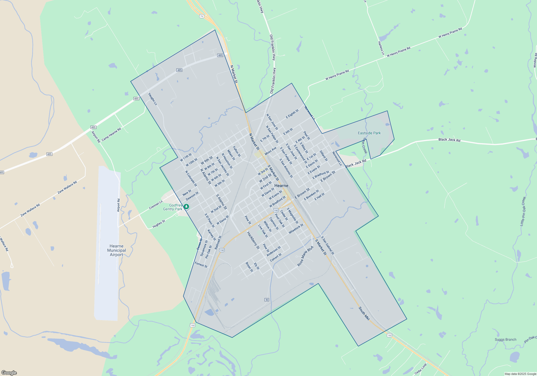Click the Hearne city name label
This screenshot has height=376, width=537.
281,186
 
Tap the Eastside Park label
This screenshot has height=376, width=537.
369,133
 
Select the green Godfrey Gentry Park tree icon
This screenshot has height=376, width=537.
186,207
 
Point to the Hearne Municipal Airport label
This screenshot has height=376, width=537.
117,250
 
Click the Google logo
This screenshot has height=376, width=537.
9,373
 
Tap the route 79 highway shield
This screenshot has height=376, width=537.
202,16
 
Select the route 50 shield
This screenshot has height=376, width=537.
267,300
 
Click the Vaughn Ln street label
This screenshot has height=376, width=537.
153,99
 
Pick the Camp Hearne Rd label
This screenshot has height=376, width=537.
111,134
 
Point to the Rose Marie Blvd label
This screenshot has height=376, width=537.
305,256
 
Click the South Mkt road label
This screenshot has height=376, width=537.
364,313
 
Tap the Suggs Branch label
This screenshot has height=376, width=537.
505,339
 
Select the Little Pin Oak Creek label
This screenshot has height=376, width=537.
523,211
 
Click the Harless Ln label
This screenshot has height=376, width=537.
381,48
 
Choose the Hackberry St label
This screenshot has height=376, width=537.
253,240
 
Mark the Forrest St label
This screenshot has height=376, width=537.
201,265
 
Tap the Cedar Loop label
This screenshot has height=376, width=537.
420,369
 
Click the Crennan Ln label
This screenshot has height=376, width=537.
156,205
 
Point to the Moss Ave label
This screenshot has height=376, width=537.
270,151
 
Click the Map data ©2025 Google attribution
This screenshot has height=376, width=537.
520,374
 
